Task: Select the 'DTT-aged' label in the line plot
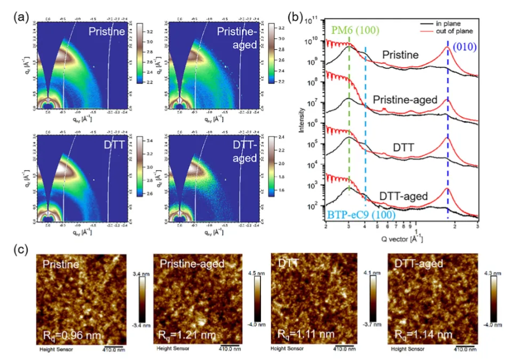coord(404,196)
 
